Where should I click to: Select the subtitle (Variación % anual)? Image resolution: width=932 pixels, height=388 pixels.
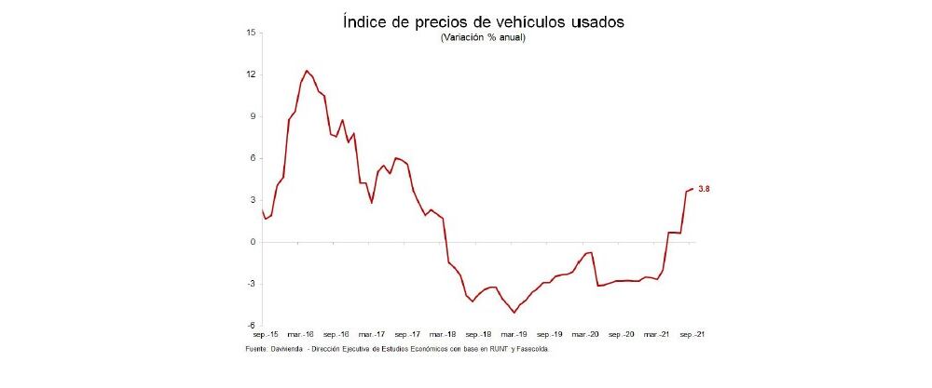482,38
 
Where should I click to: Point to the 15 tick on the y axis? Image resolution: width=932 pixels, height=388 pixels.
251,33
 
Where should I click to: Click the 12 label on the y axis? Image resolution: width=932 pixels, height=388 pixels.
251,74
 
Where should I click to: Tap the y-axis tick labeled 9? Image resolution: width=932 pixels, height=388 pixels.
253,116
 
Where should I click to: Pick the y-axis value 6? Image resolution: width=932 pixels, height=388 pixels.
253,158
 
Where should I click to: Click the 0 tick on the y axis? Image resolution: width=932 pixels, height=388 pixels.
253,242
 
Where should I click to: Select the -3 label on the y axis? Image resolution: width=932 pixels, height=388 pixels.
251,284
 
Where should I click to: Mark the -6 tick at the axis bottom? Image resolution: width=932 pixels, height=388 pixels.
251,326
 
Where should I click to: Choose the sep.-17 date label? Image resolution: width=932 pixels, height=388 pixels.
407,333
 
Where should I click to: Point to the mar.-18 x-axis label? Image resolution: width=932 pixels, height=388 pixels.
444,333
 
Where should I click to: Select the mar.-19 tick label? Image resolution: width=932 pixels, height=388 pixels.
515,333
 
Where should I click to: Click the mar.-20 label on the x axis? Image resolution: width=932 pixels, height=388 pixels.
587,333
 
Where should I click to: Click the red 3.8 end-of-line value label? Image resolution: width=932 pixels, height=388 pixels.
705,189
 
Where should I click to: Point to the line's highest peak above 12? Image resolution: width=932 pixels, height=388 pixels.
307,70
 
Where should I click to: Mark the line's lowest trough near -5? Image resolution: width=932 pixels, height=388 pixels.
514,313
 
